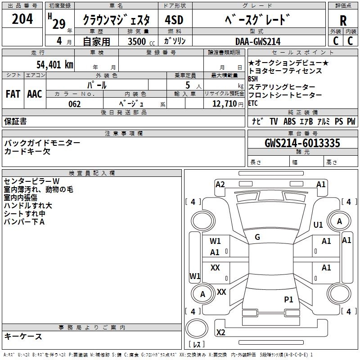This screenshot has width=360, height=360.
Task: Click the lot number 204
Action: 22,19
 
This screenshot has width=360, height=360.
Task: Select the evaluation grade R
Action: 343,21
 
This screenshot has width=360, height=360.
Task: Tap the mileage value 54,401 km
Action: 55,65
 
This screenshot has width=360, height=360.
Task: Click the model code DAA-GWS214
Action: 258,41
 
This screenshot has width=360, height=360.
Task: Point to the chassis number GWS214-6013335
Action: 302,143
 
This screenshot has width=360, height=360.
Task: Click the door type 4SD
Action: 174,20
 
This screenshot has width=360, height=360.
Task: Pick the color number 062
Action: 75,104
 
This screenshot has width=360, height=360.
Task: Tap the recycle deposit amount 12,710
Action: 224,104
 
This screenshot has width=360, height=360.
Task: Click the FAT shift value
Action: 13,94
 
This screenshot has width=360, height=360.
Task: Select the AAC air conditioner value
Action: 35,94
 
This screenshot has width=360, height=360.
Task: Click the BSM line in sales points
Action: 253,79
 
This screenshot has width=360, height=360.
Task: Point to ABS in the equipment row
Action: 289,121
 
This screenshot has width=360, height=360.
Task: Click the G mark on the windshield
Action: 257,237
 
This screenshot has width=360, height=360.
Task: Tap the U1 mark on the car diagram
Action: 318,225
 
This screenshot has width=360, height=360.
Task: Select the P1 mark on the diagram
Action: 288,299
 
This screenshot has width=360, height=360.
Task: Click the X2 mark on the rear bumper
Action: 221,332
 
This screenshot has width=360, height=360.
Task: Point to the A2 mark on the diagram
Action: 220,184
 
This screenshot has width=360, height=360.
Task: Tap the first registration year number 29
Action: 59,24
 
